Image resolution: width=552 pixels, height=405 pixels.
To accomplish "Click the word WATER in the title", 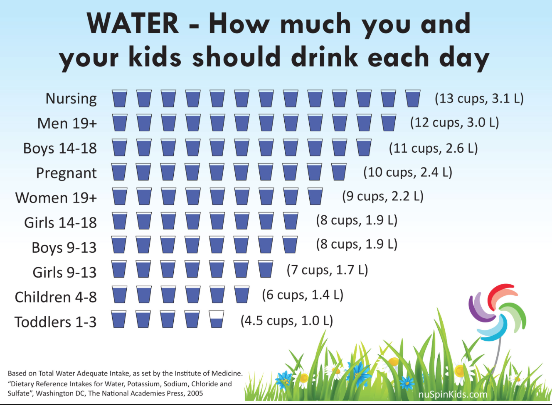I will coord(133,24).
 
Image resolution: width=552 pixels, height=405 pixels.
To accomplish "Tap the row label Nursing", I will coord(71,99).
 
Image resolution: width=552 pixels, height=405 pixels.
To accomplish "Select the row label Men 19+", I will coord(67,123).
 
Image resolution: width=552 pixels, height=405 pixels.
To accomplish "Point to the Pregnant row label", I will coord(66,173).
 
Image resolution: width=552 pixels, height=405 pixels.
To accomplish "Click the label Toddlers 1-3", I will coord(55,322).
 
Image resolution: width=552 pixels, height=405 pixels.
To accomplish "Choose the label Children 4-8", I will coord(56,297).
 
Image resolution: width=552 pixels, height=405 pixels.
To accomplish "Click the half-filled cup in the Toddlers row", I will coord(217,320).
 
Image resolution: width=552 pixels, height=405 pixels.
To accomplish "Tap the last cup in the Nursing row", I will coord(413,98).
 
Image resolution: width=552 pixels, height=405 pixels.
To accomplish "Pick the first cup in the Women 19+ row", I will coord(119,196).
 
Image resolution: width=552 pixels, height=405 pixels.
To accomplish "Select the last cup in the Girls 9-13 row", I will coord(266,269).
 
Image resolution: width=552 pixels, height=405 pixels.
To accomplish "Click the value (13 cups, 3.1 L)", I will coord(479,99).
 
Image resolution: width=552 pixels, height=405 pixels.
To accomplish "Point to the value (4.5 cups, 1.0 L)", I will coord(287,321).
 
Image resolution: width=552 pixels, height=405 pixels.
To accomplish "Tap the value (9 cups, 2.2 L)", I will coord(382,196).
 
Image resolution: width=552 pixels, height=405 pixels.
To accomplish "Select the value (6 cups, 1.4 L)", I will coord(303,295).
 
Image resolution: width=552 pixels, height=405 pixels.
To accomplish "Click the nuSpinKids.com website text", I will coord(453,394).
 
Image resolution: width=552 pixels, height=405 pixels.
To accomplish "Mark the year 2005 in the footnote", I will coord(195,393).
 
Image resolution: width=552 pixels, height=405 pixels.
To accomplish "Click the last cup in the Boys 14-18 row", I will coord(364,147).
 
